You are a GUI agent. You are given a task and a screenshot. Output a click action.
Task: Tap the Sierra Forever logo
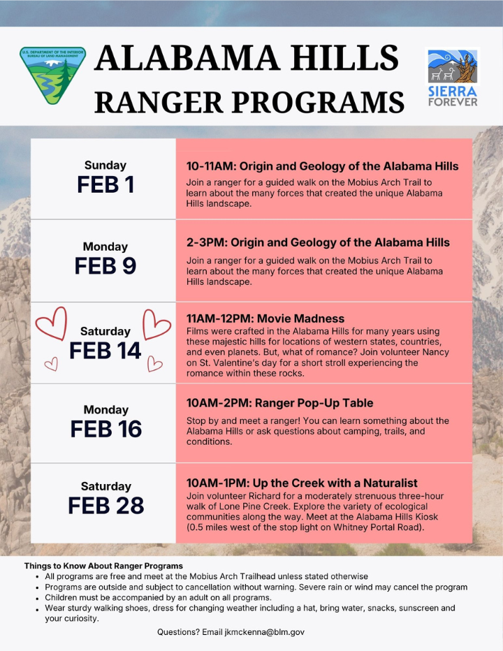(x=453, y=77)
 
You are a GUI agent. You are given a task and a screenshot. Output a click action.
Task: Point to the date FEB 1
(x=105, y=185)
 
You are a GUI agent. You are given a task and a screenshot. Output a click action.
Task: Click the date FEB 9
(x=105, y=266)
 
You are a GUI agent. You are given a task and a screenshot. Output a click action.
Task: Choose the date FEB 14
(x=105, y=351)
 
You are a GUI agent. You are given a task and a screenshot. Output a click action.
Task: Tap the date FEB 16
(x=105, y=429)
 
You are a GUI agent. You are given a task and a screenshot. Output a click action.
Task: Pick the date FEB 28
(x=105, y=505)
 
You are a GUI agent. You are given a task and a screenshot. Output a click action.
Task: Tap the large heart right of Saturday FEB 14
(x=156, y=323)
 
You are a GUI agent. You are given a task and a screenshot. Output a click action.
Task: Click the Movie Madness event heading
(x=265, y=319)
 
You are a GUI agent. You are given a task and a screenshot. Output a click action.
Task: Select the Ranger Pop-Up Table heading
(x=279, y=403)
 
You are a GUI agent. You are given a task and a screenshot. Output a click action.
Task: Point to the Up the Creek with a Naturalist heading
(x=302, y=483)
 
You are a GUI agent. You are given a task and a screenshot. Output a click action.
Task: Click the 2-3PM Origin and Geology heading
(x=318, y=242)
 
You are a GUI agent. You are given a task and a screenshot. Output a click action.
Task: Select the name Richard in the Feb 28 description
(x=255, y=496)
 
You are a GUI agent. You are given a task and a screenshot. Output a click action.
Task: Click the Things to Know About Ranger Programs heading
(x=103, y=565)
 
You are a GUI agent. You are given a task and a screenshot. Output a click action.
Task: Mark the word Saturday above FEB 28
(x=105, y=486)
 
